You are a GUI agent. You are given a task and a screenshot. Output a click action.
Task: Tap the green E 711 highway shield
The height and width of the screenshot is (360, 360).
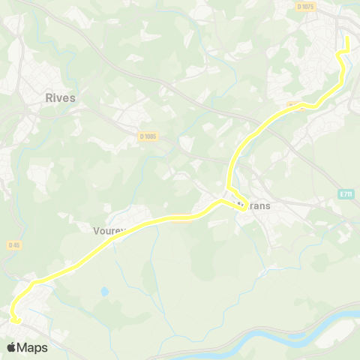[x=345, y=194]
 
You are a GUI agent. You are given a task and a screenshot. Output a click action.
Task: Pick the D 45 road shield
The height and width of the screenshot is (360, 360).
[x=14, y=244]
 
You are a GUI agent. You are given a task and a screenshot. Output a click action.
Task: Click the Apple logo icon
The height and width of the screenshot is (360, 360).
[x=12, y=347]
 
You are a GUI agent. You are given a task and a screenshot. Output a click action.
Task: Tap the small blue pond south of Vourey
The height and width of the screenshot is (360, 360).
[x=104, y=291]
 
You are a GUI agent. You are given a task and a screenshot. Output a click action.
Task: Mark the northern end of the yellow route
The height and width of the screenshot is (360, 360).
[x=348, y=35]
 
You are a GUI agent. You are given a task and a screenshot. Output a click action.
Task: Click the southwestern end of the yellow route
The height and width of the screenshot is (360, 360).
[x=16, y=321]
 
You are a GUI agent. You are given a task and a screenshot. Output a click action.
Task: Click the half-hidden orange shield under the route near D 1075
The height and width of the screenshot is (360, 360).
[x=295, y=106]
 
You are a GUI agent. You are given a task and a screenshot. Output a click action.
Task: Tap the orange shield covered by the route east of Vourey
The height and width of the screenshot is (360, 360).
[x=181, y=218]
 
